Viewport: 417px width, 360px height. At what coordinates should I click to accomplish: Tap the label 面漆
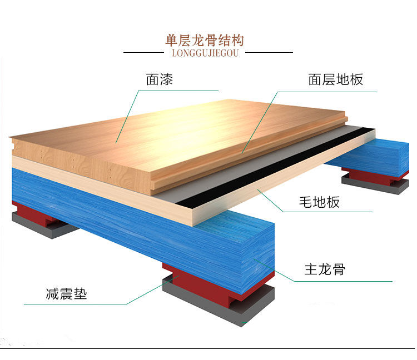click(x=160, y=79)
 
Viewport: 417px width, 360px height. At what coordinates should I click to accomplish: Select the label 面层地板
click(x=335, y=79)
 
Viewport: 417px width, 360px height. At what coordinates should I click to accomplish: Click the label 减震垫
click(x=66, y=294)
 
